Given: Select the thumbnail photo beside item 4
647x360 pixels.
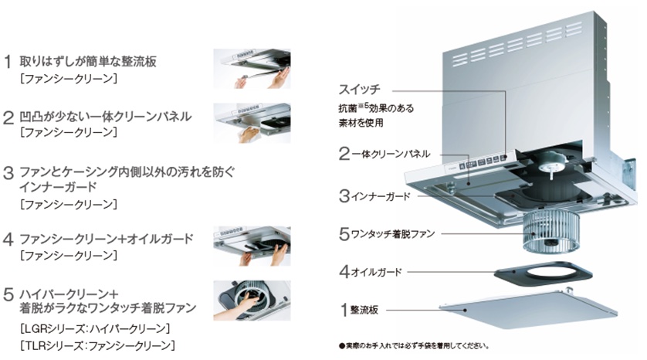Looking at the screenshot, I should tap(251, 245).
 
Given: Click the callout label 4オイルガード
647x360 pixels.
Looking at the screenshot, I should tap(371, 272).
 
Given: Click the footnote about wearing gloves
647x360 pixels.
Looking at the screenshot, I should tap(413, 345).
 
